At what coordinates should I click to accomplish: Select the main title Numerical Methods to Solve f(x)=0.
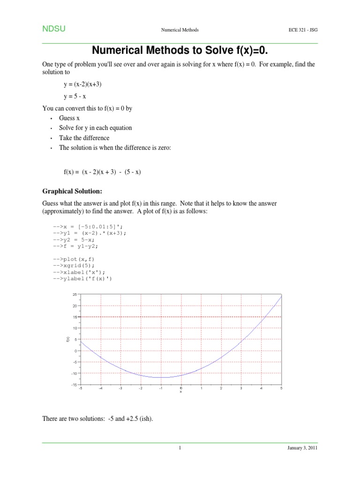pyautogui.click(x=180, y=50)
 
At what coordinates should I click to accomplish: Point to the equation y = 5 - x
pyautogui.click(x=75, y=97)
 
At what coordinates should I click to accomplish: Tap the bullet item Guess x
pyautogui.click(x=69, y=118)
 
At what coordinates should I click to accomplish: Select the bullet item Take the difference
pyautogui.click(x=84, y=138)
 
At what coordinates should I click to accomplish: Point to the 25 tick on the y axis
pyautogui.click(x=74, y=294)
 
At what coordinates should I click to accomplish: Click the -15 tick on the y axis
pyautogui.click(x=74, y=385)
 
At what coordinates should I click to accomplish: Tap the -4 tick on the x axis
pyautogui.click(x=100, y=389)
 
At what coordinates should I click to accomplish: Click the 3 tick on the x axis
pyautogui.click(x=241, y=389)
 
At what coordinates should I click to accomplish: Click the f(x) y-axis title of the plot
pyautogui.click(x=67, y=339)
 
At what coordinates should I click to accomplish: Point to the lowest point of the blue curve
pyautogui.click(x=161, y=377)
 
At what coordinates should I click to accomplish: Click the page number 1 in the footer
pyautogui.click(x=180, y=448)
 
